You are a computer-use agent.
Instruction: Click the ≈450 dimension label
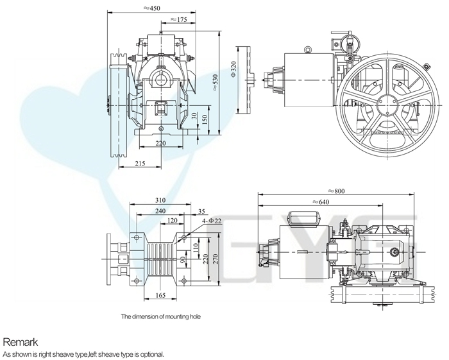coord(152,8)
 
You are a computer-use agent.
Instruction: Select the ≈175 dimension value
coord(179,19)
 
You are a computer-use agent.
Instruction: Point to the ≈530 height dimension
coord(216,83)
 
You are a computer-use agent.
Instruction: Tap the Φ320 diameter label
coord(233,69)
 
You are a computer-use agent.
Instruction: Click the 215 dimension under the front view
coord(140,163)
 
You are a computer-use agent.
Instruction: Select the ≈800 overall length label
coord(336,191)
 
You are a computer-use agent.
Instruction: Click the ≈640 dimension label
coord(321,202)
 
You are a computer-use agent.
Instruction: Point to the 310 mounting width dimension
coord(160,200)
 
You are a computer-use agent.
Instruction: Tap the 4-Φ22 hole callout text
coord(212,221)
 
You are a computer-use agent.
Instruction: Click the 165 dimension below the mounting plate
coord(160,295)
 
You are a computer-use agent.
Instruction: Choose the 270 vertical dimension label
coord(216,259)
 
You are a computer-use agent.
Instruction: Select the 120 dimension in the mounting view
coord(172,220)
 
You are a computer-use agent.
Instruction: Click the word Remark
coord(20,341)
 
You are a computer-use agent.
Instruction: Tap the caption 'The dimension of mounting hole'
coord(160,316)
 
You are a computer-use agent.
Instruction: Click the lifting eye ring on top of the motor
coord(308,49)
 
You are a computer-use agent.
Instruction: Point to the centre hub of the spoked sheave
coord(387,105)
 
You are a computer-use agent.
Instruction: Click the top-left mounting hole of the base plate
coord(137,237)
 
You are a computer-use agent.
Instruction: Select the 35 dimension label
coord(201,211)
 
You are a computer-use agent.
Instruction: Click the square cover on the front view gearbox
coord(161,109)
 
